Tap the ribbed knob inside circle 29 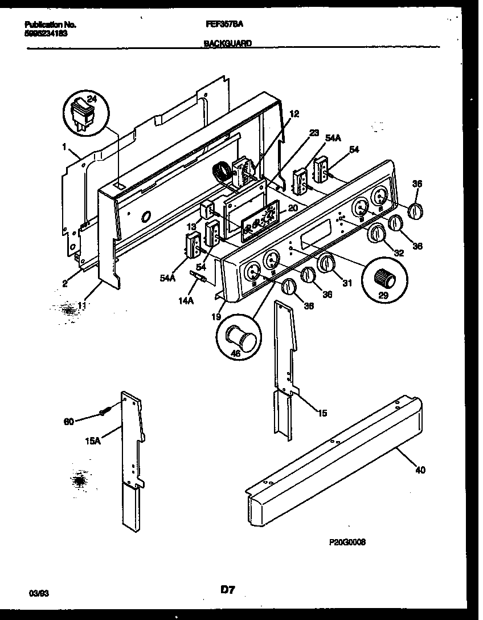point(385,279)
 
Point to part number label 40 point(420,470)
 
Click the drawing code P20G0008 point(346,542)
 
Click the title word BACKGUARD point(227,43)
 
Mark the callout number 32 point(398,253)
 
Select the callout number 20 point(293,208)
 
